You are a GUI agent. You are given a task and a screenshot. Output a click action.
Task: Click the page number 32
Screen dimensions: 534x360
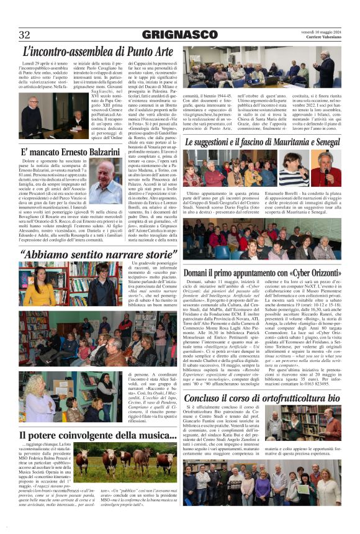point(25,34)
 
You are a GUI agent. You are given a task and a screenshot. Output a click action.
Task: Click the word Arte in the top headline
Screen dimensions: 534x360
point(156,52)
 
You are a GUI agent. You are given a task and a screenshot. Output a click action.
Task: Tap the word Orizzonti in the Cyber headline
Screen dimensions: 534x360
point(321,273)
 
